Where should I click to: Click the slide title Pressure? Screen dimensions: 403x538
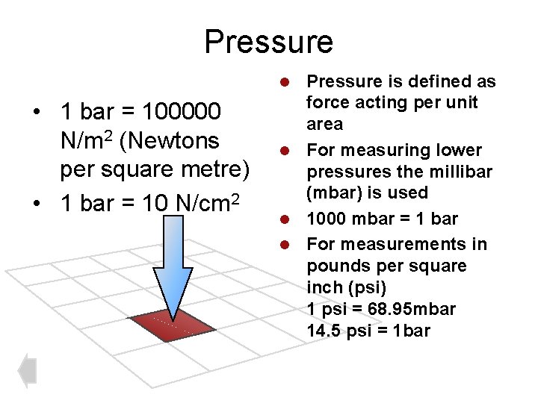click(x=269, y=42)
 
